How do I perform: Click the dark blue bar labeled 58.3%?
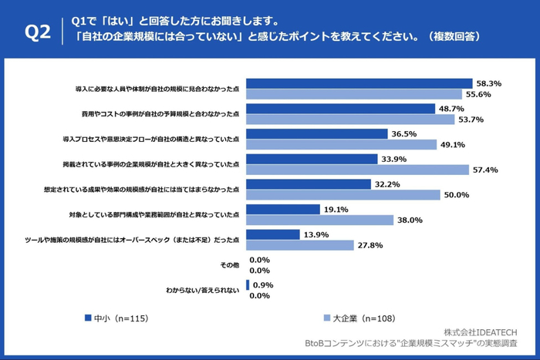click(x=359, y=83)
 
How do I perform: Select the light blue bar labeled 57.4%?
click(x=357, y=169)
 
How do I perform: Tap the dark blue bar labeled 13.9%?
click(x=272, y=234)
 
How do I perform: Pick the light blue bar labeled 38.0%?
click(x=319, y=219)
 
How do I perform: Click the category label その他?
click(x=229, y=265)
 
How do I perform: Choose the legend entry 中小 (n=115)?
click(x=120, y=317)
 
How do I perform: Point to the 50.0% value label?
click(x=456, y=194)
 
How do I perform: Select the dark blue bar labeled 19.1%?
click(x=282, y=209)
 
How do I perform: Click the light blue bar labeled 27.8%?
click(x=299, y=244)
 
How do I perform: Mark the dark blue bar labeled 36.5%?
click(x=316, y=133)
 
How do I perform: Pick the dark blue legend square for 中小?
click(x=86, y=317)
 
